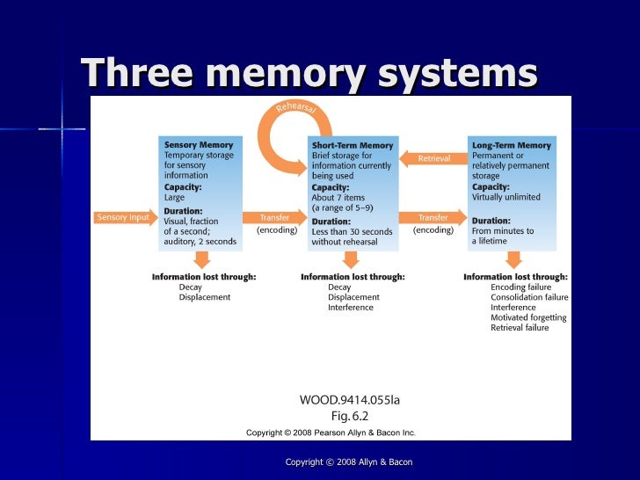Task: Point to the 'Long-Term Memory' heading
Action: tap(511, 145)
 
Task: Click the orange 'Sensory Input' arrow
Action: tap(124, 217)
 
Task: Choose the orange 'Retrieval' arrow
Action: tap(433, 158)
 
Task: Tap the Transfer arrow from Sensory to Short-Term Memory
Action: tap(275, 217)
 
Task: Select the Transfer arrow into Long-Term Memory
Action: tap(433, 217)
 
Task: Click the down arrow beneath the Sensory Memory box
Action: tap(201, 258)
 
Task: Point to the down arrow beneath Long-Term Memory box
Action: tap(513, 258)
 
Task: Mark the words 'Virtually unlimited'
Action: tap(506, 197)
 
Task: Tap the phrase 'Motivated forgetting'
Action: tap(528, 318)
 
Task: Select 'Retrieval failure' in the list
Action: tap(520, 328)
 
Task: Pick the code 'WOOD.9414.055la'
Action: tap(349, 400)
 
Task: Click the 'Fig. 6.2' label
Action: tap(350, 416)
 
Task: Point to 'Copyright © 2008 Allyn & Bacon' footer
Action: tap(349, 462)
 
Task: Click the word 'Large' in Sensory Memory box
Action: tap(176, 197)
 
